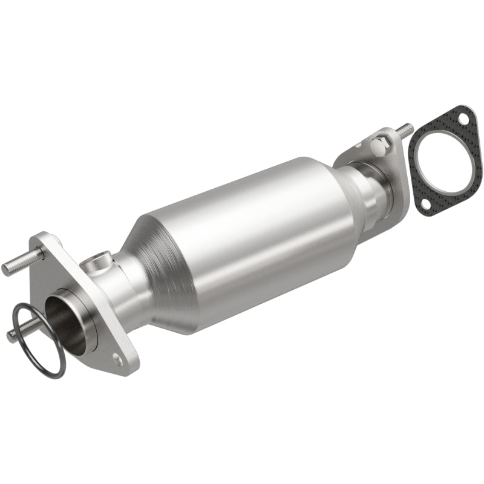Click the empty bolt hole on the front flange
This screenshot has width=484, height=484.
(x=119, y=362)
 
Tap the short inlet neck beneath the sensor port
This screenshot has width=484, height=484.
(x=121, y=284)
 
